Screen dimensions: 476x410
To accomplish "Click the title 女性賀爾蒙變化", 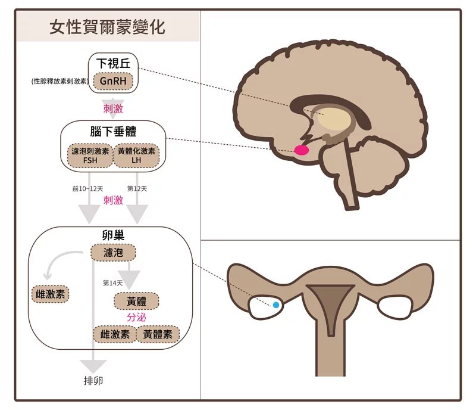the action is click(107, 27).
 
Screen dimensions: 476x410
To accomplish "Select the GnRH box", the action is click(113, 81).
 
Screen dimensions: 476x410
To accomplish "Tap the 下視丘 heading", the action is click(113, 63).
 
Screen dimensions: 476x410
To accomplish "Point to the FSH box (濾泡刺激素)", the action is click(90, 156).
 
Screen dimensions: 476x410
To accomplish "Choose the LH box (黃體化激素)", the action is click(136, 156).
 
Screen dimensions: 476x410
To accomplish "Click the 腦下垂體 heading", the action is click(113, 131).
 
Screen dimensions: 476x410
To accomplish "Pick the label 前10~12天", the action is click(87, 189).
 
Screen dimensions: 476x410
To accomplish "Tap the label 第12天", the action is click(137, 189).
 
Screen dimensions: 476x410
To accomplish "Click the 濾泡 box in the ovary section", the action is click(113, 253).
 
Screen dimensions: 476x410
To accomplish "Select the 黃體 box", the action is click(136, 301).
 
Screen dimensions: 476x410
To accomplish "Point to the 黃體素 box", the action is click(158, 334).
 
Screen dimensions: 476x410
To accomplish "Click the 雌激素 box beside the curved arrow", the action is click(51, 294).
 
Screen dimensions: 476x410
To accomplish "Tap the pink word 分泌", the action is click(136, 317).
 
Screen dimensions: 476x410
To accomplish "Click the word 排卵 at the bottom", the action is click(93, 380).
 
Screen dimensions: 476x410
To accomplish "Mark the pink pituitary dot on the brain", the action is click(302, 150).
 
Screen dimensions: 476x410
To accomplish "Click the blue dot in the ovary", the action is click(276, 305).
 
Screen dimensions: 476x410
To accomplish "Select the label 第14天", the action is click(112, 283).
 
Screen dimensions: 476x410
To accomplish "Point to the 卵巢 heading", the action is click(113, 235).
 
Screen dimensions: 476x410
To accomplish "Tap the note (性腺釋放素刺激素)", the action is click(60, 81).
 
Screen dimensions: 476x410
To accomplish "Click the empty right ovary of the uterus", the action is click(394, 307).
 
